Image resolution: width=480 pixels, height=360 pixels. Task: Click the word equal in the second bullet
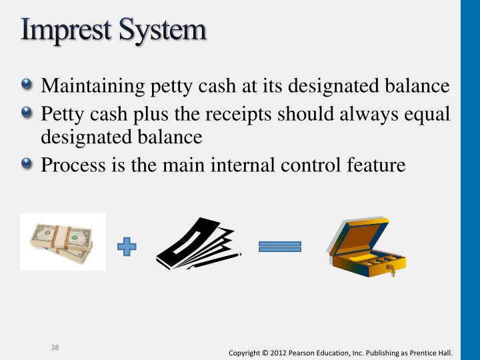coord(424,114)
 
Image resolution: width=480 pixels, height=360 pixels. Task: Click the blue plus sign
coord(127,247)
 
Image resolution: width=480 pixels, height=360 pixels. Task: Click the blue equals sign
coord(280,247)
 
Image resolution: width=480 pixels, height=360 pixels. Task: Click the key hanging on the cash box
coord(391,269)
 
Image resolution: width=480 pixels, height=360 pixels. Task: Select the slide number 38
coord(56,347)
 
